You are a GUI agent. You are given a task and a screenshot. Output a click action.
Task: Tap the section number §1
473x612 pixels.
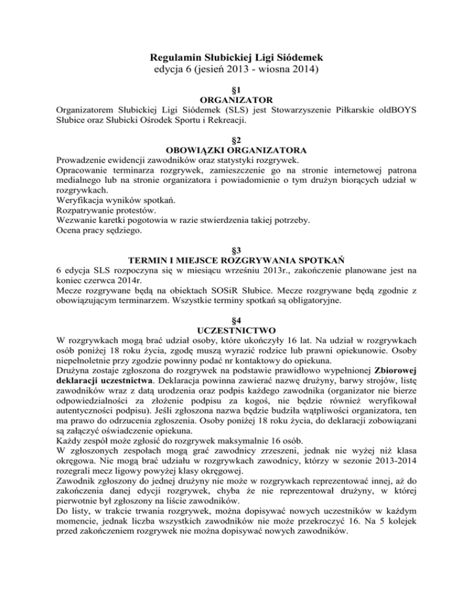(236, 89)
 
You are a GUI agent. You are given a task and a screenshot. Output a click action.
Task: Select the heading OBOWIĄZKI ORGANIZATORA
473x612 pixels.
(236, 148)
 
